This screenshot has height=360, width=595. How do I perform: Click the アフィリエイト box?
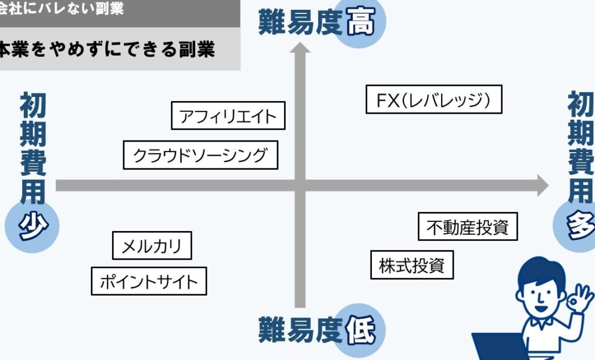click(228, 116)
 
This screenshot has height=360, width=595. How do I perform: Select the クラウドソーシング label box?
click(200, 155)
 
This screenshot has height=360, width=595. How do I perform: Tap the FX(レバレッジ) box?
click(433, 100)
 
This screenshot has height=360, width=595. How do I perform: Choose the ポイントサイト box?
click(149, 282)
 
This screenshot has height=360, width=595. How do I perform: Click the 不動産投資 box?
click(467, 226)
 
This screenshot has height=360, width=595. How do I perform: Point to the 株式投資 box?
click(411, 265)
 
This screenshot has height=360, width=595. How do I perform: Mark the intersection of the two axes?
click(300, 186)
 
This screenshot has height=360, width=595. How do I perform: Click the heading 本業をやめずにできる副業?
click(107, 49)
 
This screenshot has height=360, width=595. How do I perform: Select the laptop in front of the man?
click(500, 347)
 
